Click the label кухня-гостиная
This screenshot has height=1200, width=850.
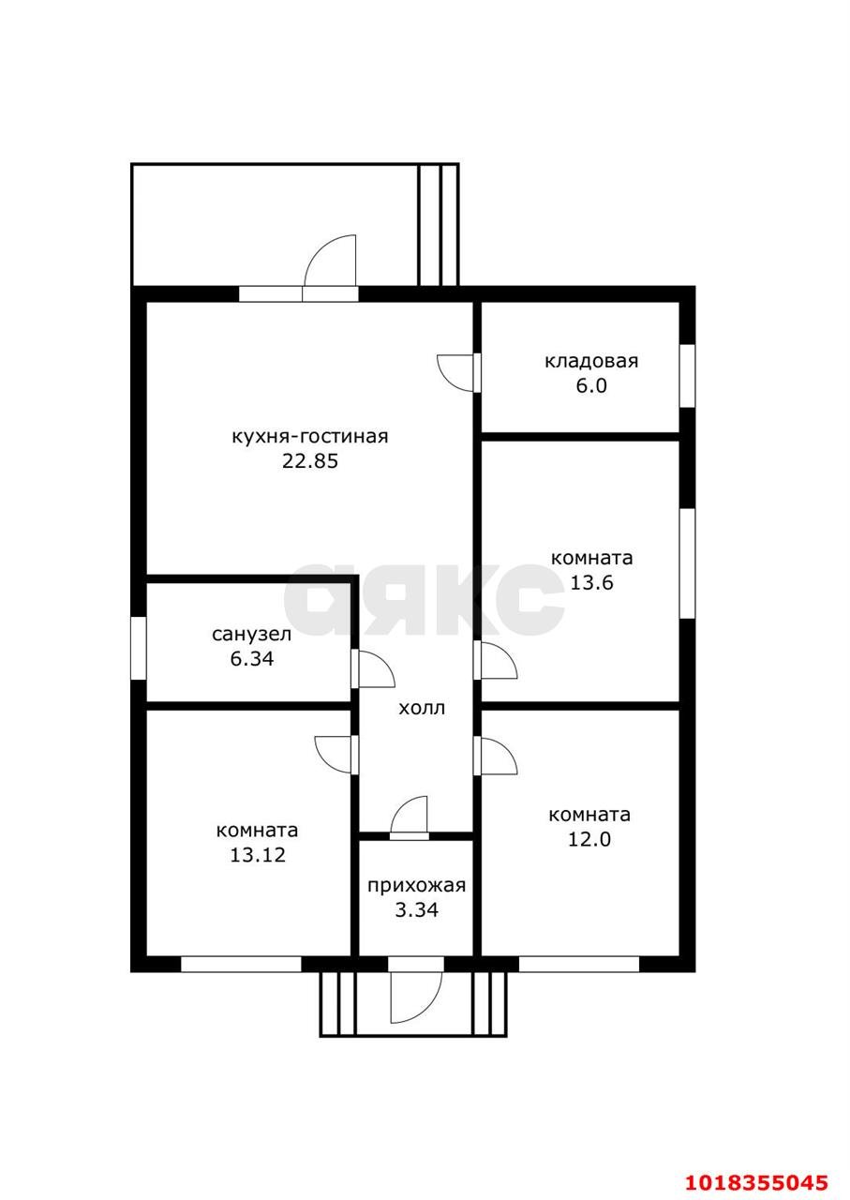(x=309, y=437)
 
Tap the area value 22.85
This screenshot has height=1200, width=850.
(x=310, y=462)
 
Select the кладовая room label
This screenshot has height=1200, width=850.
(x=591, y=362)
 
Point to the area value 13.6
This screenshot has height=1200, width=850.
(x=591, y=583)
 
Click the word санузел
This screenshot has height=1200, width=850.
(x=252, y=635)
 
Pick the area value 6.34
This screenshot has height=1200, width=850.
(x=252, y=659)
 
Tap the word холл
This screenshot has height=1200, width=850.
(x=422, y=709)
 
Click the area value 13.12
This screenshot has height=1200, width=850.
(x=258, y=855)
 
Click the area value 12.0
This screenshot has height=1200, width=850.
(x=589, y=840)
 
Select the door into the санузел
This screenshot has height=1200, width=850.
(x=373, y=668)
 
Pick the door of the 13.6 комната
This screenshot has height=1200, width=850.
(x=496, y=661)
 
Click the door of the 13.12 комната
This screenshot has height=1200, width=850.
(x=336, y=755)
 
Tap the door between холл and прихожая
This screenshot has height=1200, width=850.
(x=410, y=817)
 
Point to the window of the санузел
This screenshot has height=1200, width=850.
(x=139, y=649)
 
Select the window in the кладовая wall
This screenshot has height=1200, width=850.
(x=687, y=376)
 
